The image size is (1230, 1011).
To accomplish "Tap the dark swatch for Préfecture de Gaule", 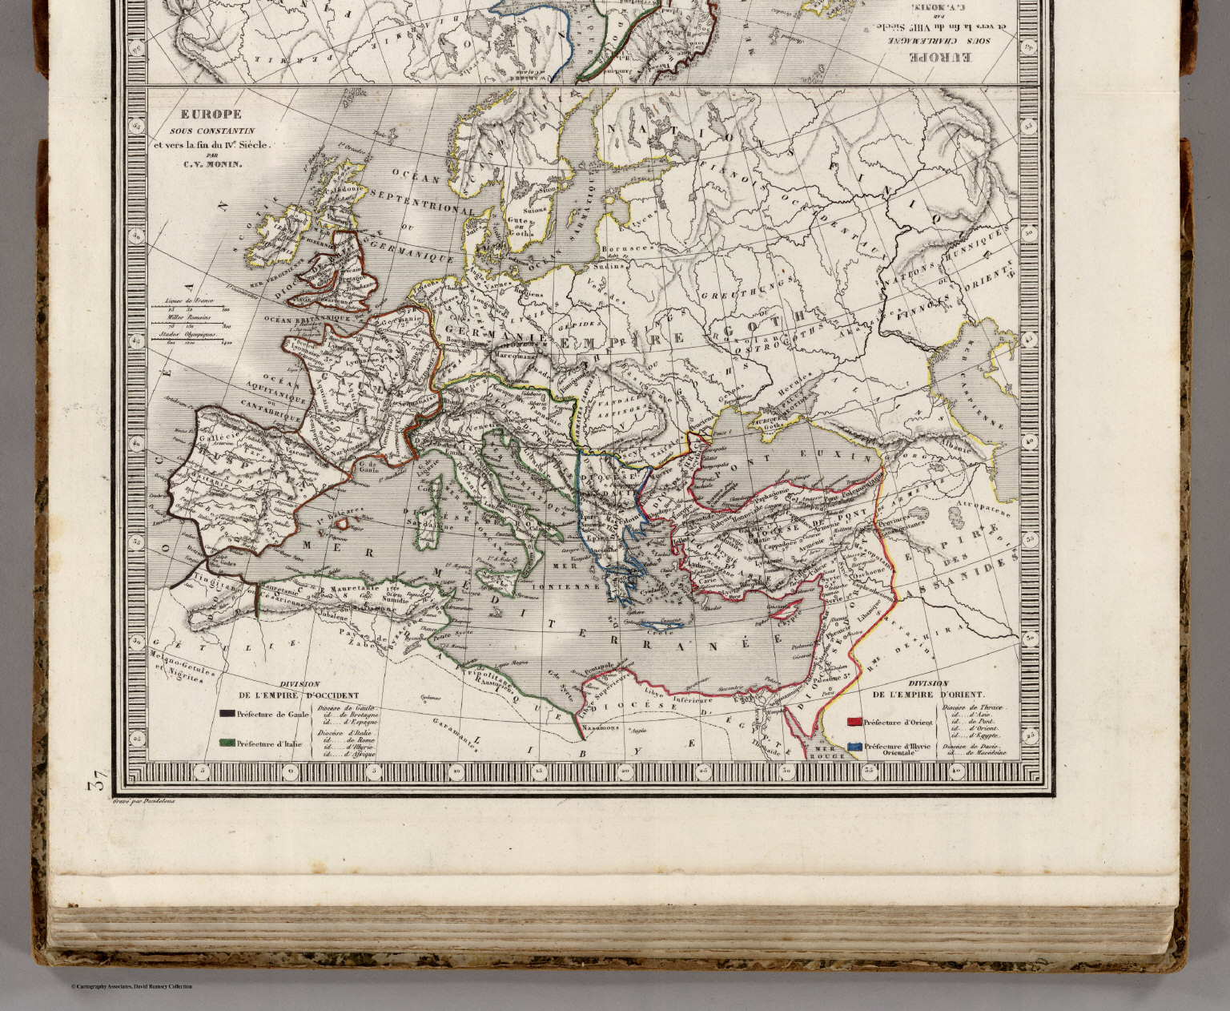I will click(x=227, y=713).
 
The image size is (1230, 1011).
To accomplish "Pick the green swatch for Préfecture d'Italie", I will click(x=227, y=743).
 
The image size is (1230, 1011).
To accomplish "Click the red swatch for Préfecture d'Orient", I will click(x=854, y=722).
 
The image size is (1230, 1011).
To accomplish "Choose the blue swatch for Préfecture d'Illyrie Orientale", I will click(x=854, y=745).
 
